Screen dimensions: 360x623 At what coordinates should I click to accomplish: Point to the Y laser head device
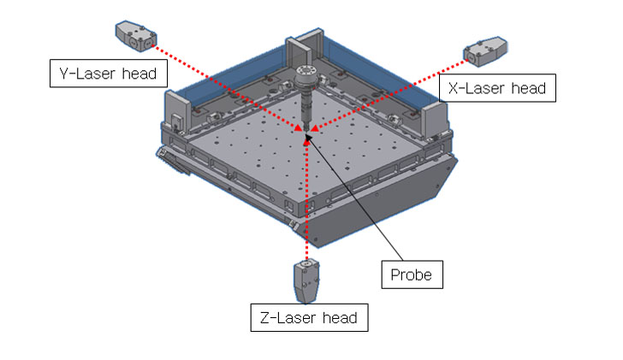134,36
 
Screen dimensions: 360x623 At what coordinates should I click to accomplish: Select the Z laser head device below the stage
306,280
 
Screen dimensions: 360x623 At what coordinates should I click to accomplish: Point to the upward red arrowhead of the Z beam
306,139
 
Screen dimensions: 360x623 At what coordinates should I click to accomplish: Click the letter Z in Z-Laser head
264,318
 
